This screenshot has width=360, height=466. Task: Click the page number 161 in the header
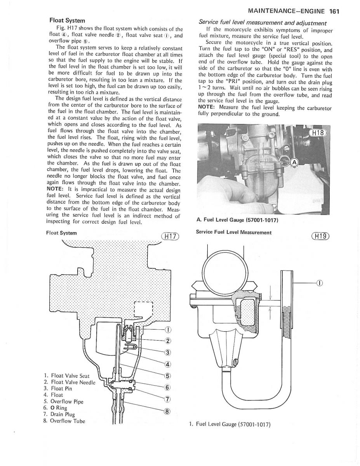(334, 11)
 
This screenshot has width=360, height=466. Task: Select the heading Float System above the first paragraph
(67, 20)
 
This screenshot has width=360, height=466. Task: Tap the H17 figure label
(170, 236)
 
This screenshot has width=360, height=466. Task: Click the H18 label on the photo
(317, 133)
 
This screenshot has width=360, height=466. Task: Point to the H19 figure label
(320, 236)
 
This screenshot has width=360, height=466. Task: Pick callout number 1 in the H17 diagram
(167, 330)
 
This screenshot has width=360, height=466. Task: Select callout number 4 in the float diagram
(168, 364)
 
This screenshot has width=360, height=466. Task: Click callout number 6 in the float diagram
(168, 388)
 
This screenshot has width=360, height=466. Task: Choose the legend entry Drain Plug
(58, 414)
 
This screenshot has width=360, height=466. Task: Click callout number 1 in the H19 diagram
(319, 283)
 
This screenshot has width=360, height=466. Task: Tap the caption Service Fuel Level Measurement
(234, 232)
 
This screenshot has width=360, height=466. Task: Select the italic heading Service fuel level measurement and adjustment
(263, 23)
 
